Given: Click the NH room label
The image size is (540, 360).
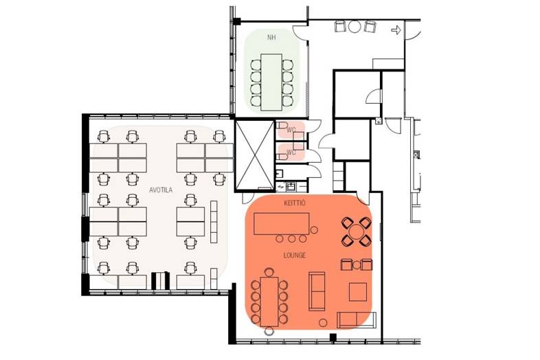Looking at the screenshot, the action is [272, 37].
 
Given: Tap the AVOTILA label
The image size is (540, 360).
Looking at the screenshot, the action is [161, 190].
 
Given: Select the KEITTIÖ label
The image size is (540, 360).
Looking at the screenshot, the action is [295, 203].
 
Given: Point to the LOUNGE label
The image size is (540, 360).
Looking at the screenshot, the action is [295, 256].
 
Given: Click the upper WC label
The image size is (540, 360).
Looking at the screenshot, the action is [291, 130].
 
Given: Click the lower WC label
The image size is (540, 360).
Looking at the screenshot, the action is [291, 152].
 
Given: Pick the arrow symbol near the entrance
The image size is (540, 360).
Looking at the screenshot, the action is [396, 30].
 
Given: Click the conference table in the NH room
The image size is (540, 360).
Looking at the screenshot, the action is [271, 82].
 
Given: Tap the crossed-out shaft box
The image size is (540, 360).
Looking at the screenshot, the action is [254, 155].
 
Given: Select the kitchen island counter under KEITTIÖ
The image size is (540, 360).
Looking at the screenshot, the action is [282, 223].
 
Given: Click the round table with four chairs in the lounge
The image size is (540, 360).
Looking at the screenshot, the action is [356, 232].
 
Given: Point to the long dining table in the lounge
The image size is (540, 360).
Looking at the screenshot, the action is [269, 302].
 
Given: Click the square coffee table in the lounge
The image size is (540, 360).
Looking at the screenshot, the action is [358, 292].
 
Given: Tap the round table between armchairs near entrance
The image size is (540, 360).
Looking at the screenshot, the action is [355, 27].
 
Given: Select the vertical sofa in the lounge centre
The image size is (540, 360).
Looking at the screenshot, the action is [317, 291].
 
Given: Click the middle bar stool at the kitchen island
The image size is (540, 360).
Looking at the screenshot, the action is [292, 238].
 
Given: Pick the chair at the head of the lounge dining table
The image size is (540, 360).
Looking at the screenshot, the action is [269, 272].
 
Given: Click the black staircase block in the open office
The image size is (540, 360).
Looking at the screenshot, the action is [161, 281].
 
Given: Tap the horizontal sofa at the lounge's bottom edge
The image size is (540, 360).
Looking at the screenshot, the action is [357, 320].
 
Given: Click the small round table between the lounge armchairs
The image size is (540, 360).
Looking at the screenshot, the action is [357, 265].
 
